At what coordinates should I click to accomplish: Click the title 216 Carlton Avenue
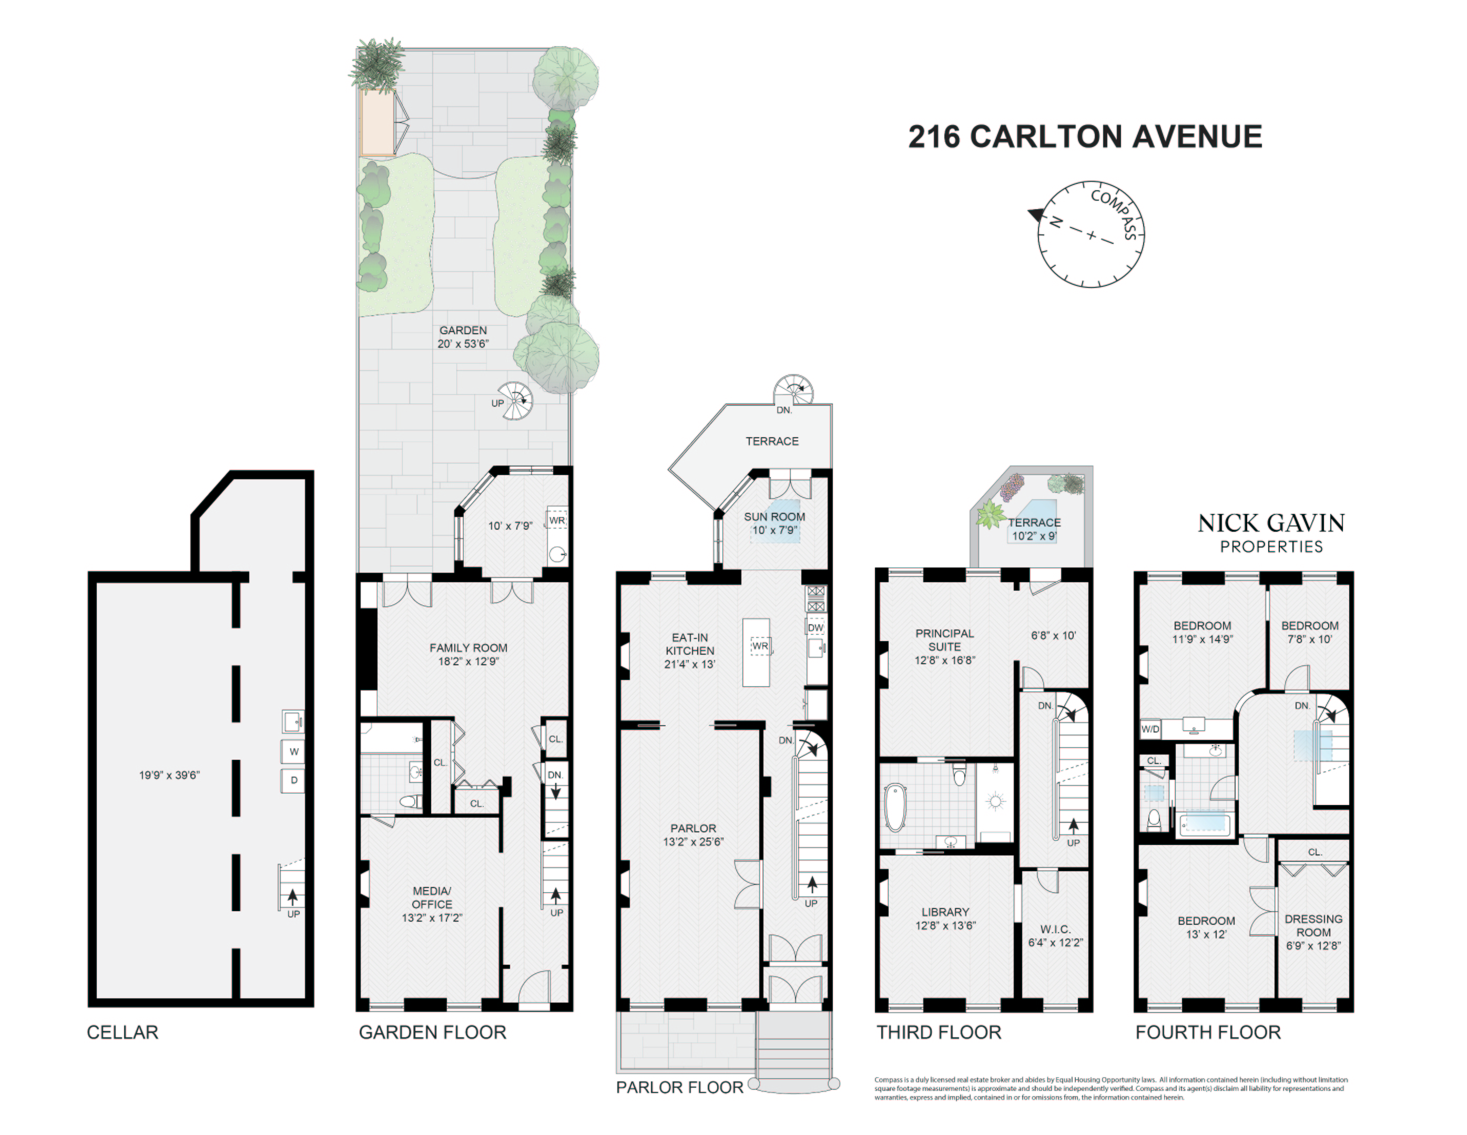[1084, 137]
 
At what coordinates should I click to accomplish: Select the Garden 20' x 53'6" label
[463, 337]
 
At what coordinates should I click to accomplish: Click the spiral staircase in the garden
[516, 401]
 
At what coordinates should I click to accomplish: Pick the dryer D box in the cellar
[293, 780]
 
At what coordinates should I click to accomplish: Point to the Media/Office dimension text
[432, 917]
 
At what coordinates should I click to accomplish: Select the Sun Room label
[774, 517]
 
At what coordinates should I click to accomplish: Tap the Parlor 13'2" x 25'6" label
[693, 835]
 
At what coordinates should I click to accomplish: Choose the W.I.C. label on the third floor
[1055, 930]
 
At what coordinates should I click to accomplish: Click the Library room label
[945, 912]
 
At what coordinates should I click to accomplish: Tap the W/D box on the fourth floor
[1150, 729]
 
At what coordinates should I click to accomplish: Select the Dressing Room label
[1313, 925]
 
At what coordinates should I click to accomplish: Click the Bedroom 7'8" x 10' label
[1309, 632]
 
